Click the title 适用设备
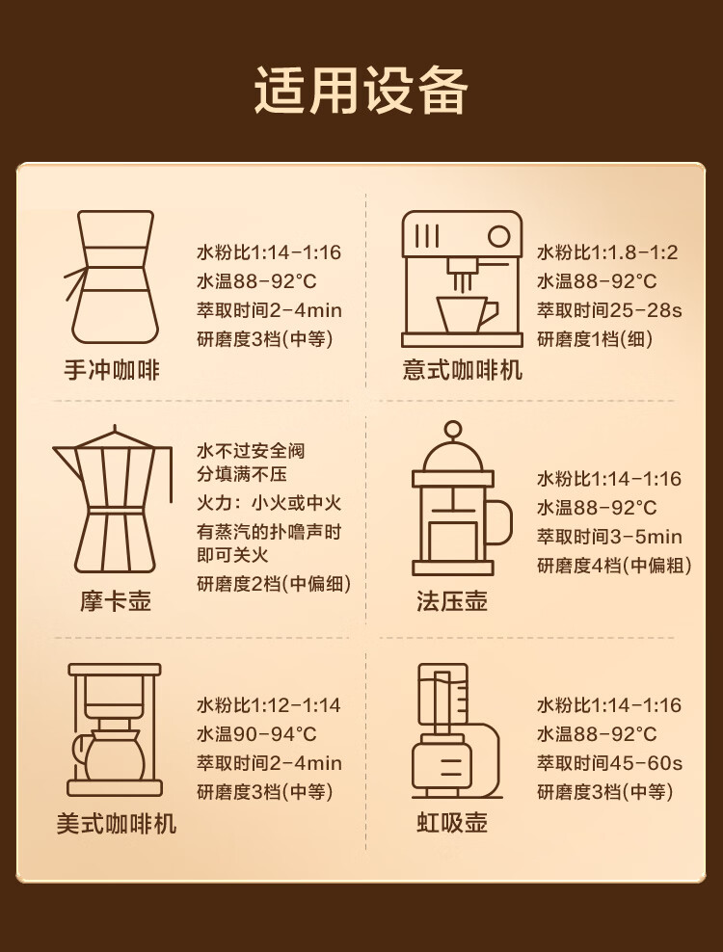coord(361,91)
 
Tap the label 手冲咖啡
coord(112,370)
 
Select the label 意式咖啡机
coord(463,370)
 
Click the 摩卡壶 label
coord(116,601)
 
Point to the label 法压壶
coord(452,601)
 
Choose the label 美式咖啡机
coord(116,823)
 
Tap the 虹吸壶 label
coord(452,823)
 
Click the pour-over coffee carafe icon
coord(113,278)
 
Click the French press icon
coord(462,498)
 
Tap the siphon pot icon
coord(457,731)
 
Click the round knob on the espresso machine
coord(498,235)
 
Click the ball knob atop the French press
coord(452,429)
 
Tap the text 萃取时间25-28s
coord(609,310)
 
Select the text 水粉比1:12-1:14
coord(269,705)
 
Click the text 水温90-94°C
coord(256,733)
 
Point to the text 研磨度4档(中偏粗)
coord(614,566)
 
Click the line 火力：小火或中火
coord(269,503)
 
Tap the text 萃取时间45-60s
coord(609,762)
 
